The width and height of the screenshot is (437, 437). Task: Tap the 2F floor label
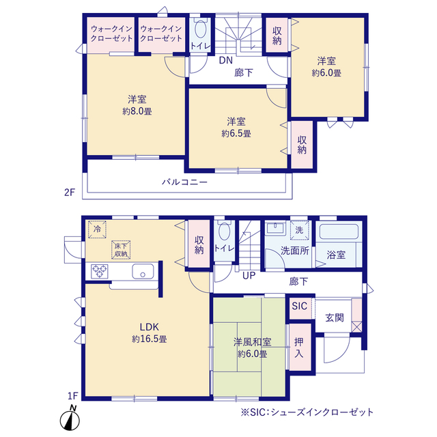(68, 193)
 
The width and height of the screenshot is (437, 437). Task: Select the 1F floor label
(73, 395)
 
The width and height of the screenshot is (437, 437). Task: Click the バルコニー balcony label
(184, 182)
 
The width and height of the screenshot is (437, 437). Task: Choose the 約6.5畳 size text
(236, 134)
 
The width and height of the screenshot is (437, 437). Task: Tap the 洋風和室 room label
(252, 342)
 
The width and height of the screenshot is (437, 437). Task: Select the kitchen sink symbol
(143, 271)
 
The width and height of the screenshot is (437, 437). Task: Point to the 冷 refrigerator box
(97, 229)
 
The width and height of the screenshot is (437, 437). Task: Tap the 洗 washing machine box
(298, 230)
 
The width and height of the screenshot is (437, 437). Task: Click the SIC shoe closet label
(299, 307)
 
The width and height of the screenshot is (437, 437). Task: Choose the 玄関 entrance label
(334, 318)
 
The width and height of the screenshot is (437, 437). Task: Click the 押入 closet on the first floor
(299, 348)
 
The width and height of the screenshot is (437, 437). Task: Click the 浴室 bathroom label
(336, 255)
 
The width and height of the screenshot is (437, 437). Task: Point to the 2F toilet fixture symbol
(201, 31)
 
